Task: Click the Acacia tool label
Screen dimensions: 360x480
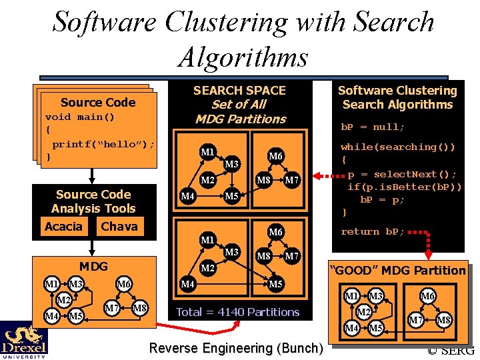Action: click(63, 227)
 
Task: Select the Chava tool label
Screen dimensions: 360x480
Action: click(119, 227)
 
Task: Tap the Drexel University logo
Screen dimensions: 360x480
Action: click(23, 340)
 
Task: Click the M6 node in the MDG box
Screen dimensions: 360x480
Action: click(124, 285)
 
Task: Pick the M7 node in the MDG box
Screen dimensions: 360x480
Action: click(112, 307)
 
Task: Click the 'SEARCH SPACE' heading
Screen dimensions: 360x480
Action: click(239, 91)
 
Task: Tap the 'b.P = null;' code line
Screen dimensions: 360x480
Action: click(373, 127)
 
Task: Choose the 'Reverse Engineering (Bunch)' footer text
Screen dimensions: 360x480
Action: click(236, 348)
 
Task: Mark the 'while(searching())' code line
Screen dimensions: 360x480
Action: click(398, 147)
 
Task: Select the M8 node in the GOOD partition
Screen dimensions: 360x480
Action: click(443, 321)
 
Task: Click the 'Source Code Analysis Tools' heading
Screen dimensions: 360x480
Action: click(93, 201)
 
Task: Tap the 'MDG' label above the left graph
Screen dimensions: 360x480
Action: click(93, 267)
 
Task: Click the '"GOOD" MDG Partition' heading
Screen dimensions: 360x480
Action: click(398, 270)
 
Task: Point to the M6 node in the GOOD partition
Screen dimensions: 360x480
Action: click(428, 296)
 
